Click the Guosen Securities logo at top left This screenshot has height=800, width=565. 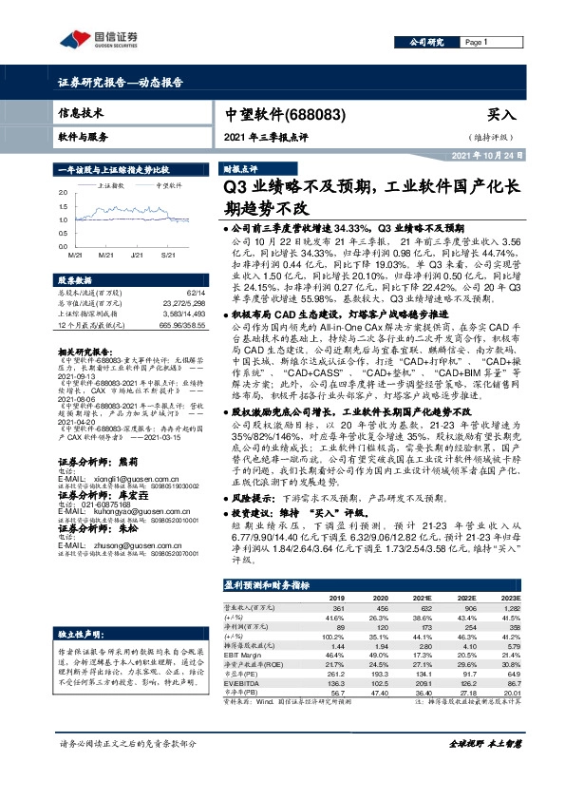[x=100, y=39]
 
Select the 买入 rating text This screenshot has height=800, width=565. [x=501, y=115]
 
